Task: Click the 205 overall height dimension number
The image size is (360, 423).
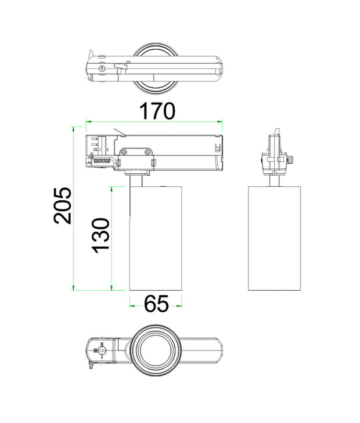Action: tap(63, 205)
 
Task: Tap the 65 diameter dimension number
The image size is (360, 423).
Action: tap(156, 303)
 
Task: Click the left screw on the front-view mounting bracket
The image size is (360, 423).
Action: tap(125, 151)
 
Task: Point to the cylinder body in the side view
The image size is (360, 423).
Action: tap(275, 238)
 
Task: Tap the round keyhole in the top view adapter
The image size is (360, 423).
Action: tap(103, 68)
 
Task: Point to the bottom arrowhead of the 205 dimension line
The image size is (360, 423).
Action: tap(74, 288)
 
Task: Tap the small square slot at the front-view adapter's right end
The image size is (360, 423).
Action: tap(218, 147)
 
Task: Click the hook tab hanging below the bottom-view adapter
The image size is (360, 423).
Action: tap(91, 366)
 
